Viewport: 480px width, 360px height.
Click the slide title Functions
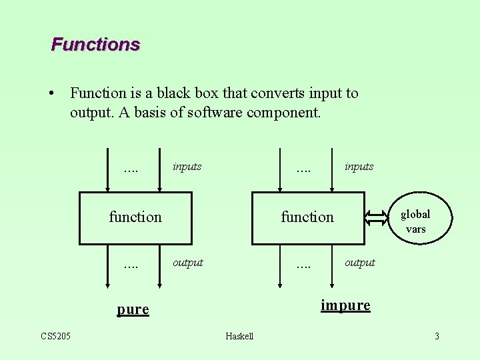point(95,45)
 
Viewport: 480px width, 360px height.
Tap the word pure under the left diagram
point(133,309)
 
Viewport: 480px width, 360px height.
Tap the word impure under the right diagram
point(345,305)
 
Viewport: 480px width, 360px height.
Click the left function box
point(135,218)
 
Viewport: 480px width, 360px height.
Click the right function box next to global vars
point(307,218)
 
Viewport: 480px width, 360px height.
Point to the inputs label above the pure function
point(187,167)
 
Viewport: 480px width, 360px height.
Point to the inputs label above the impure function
point(359,167)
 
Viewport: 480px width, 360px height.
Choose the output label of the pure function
point(187,263)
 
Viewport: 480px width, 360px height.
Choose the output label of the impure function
point(359,263)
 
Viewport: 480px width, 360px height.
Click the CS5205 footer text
point(56,335)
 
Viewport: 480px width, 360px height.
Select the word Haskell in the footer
point(239,336)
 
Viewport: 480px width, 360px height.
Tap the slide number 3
point(437,336)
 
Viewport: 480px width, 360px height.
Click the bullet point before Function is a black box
point(52,93)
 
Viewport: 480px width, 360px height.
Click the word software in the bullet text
point(214,113)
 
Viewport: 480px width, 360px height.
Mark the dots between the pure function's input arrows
point(131,169)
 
